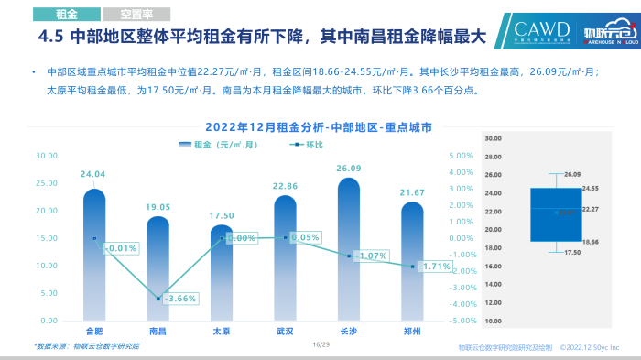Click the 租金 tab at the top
(x=65, y=15)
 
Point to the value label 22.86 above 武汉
(x=286, y=187)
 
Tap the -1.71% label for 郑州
(x=434, y=267)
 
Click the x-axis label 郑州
(x=413, y=331)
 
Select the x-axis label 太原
(x=222, y=331)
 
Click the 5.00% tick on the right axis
(x=461, y=156)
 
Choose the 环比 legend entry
(x=308, y=145)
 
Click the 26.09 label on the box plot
(x=573, y=174)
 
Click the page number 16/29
(x=320, y=345)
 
